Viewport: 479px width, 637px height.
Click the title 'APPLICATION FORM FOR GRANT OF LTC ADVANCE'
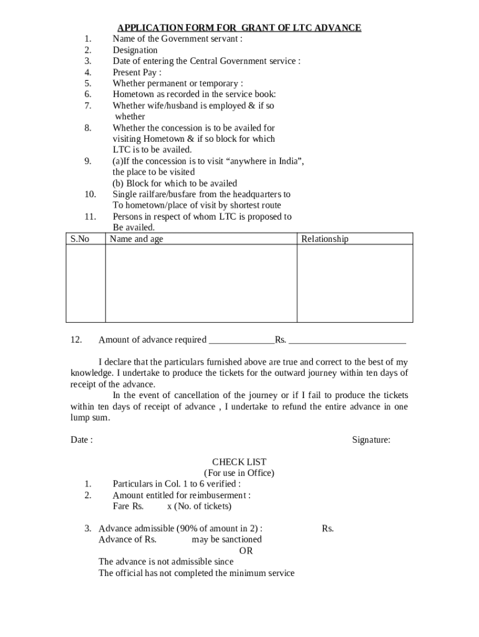point(240,28)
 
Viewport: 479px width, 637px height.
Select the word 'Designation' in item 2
point(135,50)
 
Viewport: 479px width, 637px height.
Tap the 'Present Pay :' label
point(137,72)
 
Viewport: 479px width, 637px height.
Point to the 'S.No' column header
point(80,239)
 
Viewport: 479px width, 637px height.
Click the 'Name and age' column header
point(136,239)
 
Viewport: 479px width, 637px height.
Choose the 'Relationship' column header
point(325,239)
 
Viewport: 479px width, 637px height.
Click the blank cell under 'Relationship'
point(355,283)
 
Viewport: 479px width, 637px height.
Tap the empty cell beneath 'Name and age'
point(201,283)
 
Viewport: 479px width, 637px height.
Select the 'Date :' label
point(81,440)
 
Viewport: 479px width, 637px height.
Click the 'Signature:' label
point(371,440)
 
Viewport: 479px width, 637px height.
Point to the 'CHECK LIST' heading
point(239,462)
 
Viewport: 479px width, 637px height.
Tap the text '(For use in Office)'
point(239,473)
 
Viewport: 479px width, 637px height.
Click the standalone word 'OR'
point(246,551)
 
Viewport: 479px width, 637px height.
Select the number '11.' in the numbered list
point(90,216)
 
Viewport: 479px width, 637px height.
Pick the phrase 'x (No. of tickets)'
point(199,506)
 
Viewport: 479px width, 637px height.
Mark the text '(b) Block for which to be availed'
point(175,184)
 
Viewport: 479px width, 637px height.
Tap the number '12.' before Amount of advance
point(77,340)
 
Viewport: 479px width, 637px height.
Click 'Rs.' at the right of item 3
point(328,529)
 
